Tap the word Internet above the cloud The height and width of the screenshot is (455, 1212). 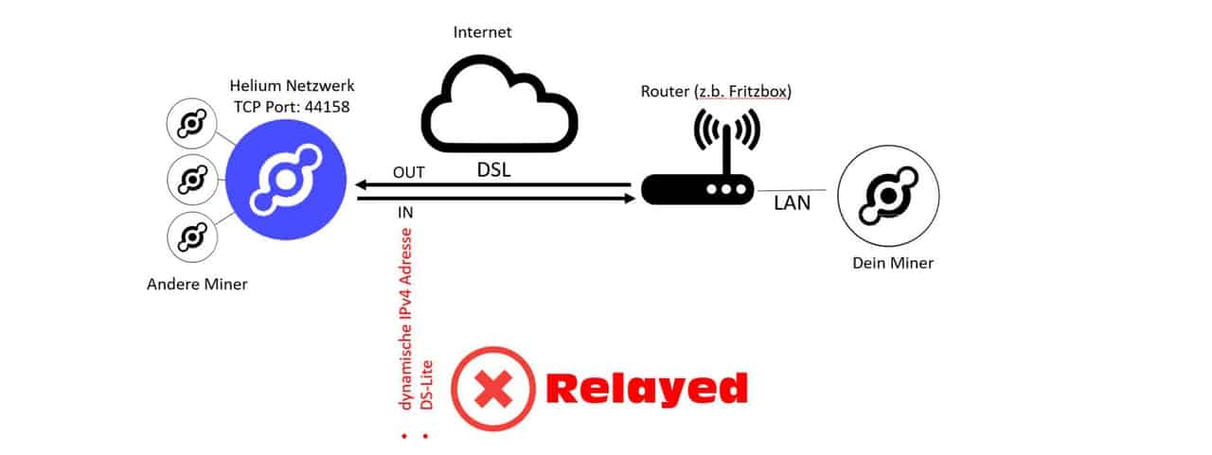pos(482,32)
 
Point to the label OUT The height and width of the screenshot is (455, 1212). pos(408,172)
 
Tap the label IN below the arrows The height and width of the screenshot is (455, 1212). pos(405,212)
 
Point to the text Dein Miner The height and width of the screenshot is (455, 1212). pos(892,263)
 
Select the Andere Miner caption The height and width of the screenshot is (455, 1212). pos(196,284)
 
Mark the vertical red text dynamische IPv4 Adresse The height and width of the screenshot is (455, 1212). pos(408,323)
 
